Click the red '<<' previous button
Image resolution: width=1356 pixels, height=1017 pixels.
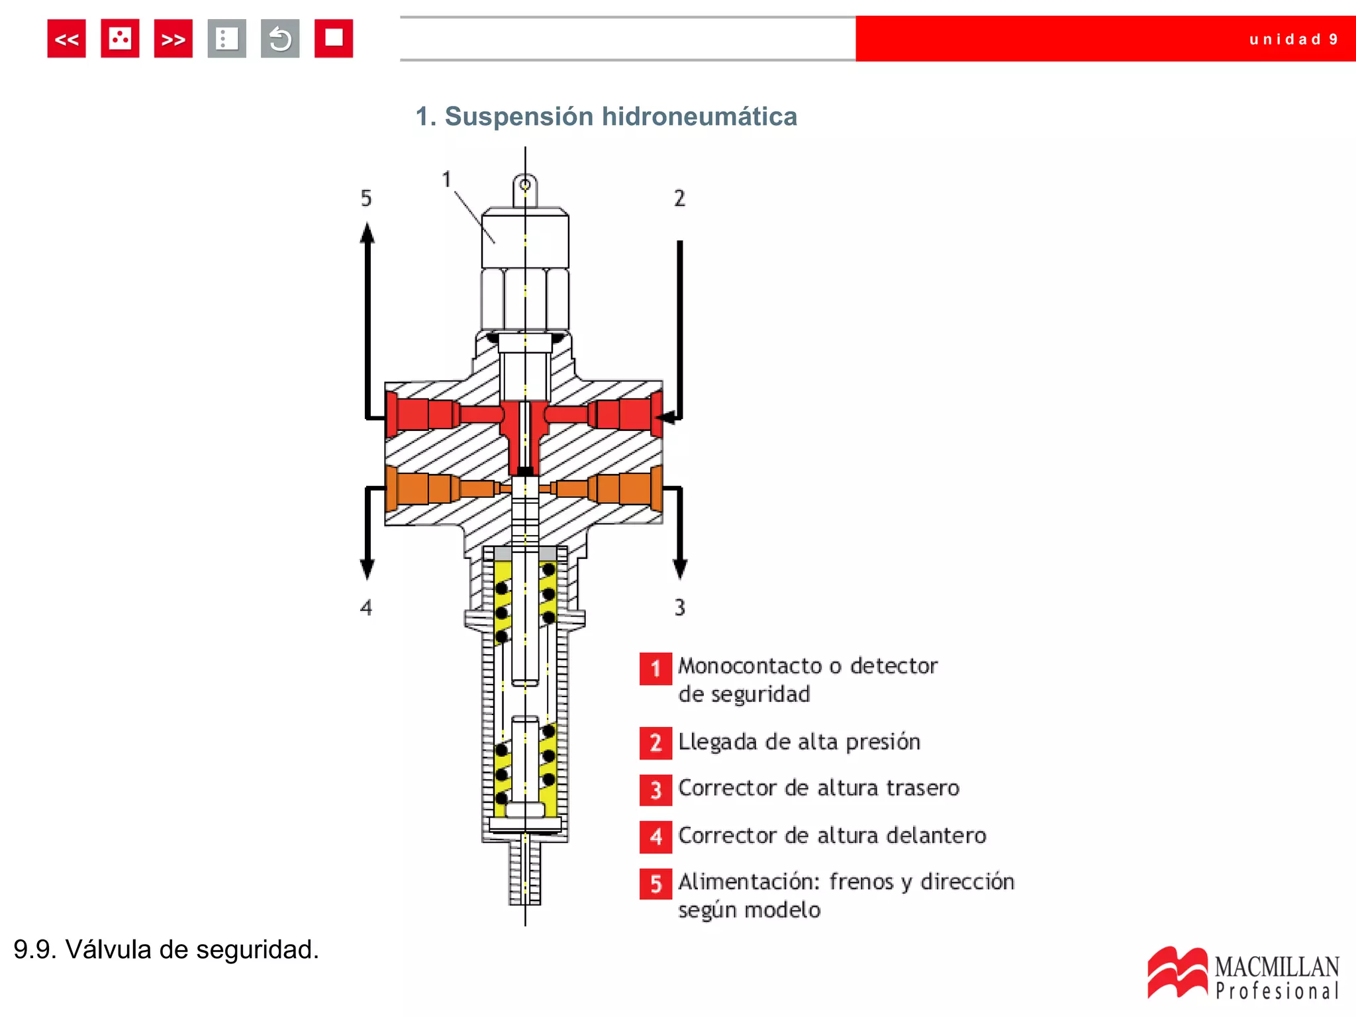[x=66, y=39]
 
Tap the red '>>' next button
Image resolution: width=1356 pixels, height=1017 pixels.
[x=173, y=39]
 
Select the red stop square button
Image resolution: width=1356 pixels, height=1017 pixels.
[x=333, y=38]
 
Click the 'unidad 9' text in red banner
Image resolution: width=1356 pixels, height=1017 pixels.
[x=1293, y=39]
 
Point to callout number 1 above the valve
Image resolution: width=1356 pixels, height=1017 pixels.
[x=446, y=179]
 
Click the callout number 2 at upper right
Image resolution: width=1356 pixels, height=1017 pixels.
[x=679, y=198]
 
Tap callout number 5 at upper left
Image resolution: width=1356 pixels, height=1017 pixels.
[x=366, y=198]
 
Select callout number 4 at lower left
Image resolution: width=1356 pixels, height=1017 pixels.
[x=366, y=607]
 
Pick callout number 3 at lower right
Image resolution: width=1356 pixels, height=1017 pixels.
[x=679, y=607]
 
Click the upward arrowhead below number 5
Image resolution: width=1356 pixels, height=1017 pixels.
[x=367, y=232]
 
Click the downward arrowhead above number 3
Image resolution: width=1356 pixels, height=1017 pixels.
[x=680, y=568]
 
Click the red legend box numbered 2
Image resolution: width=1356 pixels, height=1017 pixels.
[x=655, y=743]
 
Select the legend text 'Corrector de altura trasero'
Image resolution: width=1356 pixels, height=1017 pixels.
[x=818, y=788]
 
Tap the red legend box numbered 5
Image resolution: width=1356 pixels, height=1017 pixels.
[x=655, y=884]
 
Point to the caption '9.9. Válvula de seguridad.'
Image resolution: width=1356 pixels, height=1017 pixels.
[x=166, y=949]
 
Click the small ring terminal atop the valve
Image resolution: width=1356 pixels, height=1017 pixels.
[x=525, y=185]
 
